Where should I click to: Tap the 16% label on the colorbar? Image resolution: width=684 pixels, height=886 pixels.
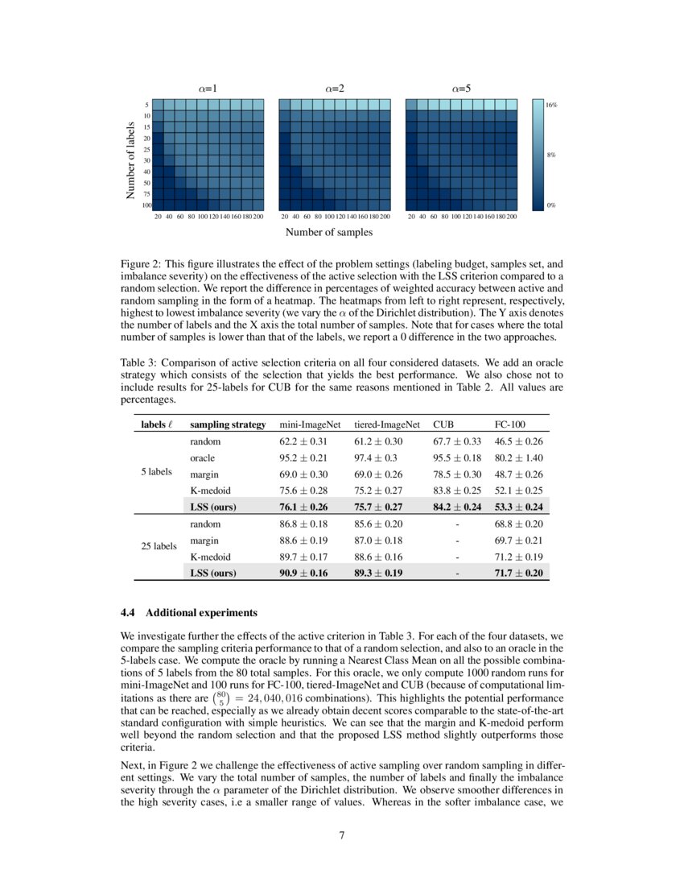coord(552,106)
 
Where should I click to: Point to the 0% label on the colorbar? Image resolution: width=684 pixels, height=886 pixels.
coord(551,205)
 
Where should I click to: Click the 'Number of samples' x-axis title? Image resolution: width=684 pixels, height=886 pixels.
coord(328,232)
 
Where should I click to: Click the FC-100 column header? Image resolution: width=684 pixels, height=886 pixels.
coord(507,424)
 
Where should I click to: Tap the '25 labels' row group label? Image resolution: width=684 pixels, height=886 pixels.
coord(159,546)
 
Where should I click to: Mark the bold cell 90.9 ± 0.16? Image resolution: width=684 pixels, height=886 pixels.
coord(305,573)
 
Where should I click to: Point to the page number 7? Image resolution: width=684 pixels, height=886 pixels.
coord(342,834)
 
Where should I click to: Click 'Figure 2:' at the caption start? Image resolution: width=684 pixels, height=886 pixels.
coord(141,263)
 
